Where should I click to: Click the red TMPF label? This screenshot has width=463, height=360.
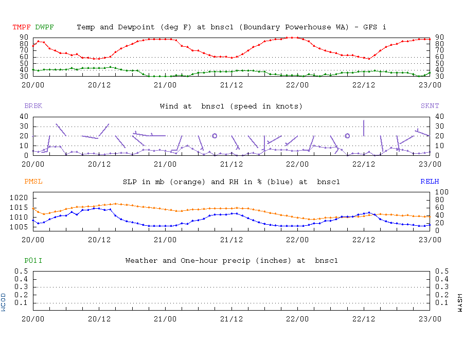pyautogui.click(x=22, y=27)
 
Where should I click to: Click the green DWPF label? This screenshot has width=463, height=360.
pyautogui.click(x=45, y=27)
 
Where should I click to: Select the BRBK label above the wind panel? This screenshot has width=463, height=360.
pyautogui.click(x=33, y=106)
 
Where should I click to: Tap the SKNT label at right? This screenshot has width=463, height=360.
pyautogui.click(x=430, y=106)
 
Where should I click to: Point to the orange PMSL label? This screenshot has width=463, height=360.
pyautogui.click(x=33, y=182)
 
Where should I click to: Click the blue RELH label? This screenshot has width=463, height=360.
pyautogui.click(x=430, y=182)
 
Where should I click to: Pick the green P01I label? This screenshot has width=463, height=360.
pyautogui.click(x=33, y=261)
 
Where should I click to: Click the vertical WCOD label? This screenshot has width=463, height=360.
pyautogui.click(x=4, y=302)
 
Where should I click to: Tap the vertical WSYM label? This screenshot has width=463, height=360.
pyautogui.click(x=459, y=302)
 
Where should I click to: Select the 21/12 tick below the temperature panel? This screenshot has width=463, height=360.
pyautogui.click(x=232, y=84)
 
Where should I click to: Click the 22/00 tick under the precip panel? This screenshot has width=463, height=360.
pyautogui.click(x=297, y=319)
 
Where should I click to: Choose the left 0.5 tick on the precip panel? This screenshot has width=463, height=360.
pyautogui.click(x=21, y=271)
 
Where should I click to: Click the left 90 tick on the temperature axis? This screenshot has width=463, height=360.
pyautogui.click(x=24, y=37)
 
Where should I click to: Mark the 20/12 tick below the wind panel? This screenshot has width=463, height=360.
pyautogui.click(x=99, y=164)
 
